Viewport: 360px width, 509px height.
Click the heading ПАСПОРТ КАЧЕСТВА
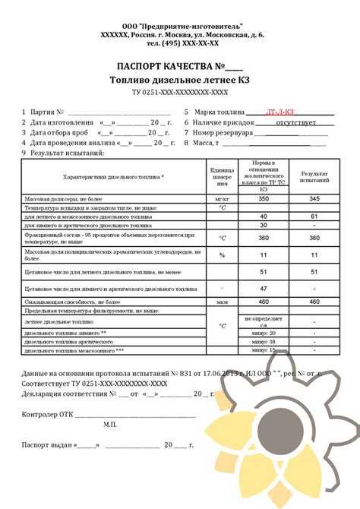pyautogui.click(x=175, y=65)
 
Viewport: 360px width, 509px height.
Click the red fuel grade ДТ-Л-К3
pyautogui.click(x=282, y=111)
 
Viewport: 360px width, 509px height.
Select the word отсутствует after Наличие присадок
pyautogui.click(x=290, y=122)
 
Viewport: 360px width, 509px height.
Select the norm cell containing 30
pyautogui.click(x=264, y=226)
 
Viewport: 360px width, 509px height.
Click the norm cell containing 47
pyautogui.click(x=264, y=289)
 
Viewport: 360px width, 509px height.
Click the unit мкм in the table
pyautogui.click(x=223, y=302)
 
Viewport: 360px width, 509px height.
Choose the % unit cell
pyautogui.click(x=223, y=255)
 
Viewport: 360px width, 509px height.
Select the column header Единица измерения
pyautogui.click(x=223, y=177)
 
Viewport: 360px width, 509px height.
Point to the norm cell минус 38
pyautogui.click(x=264, y=342)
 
